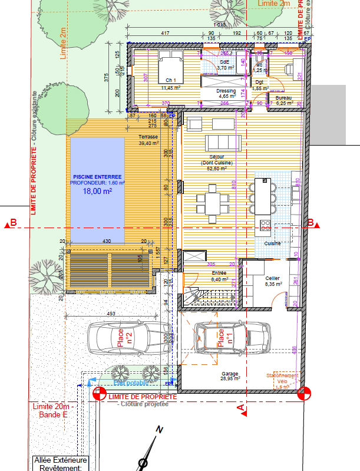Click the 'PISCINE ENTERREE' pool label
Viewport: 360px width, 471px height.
click(97, 176)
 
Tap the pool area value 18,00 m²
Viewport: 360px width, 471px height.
click(97, 191)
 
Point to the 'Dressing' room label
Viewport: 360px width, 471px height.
click(227, 91)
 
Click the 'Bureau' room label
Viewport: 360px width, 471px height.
click(285, 98)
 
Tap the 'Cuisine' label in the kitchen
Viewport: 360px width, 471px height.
click(272, 243)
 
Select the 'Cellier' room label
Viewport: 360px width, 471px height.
click(272, 278)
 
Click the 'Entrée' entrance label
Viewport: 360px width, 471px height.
click(219, 274)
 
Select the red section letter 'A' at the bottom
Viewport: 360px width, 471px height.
click(240, 407)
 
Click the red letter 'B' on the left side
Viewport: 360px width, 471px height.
click(13, 223)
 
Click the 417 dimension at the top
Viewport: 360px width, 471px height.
click(166, 32)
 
